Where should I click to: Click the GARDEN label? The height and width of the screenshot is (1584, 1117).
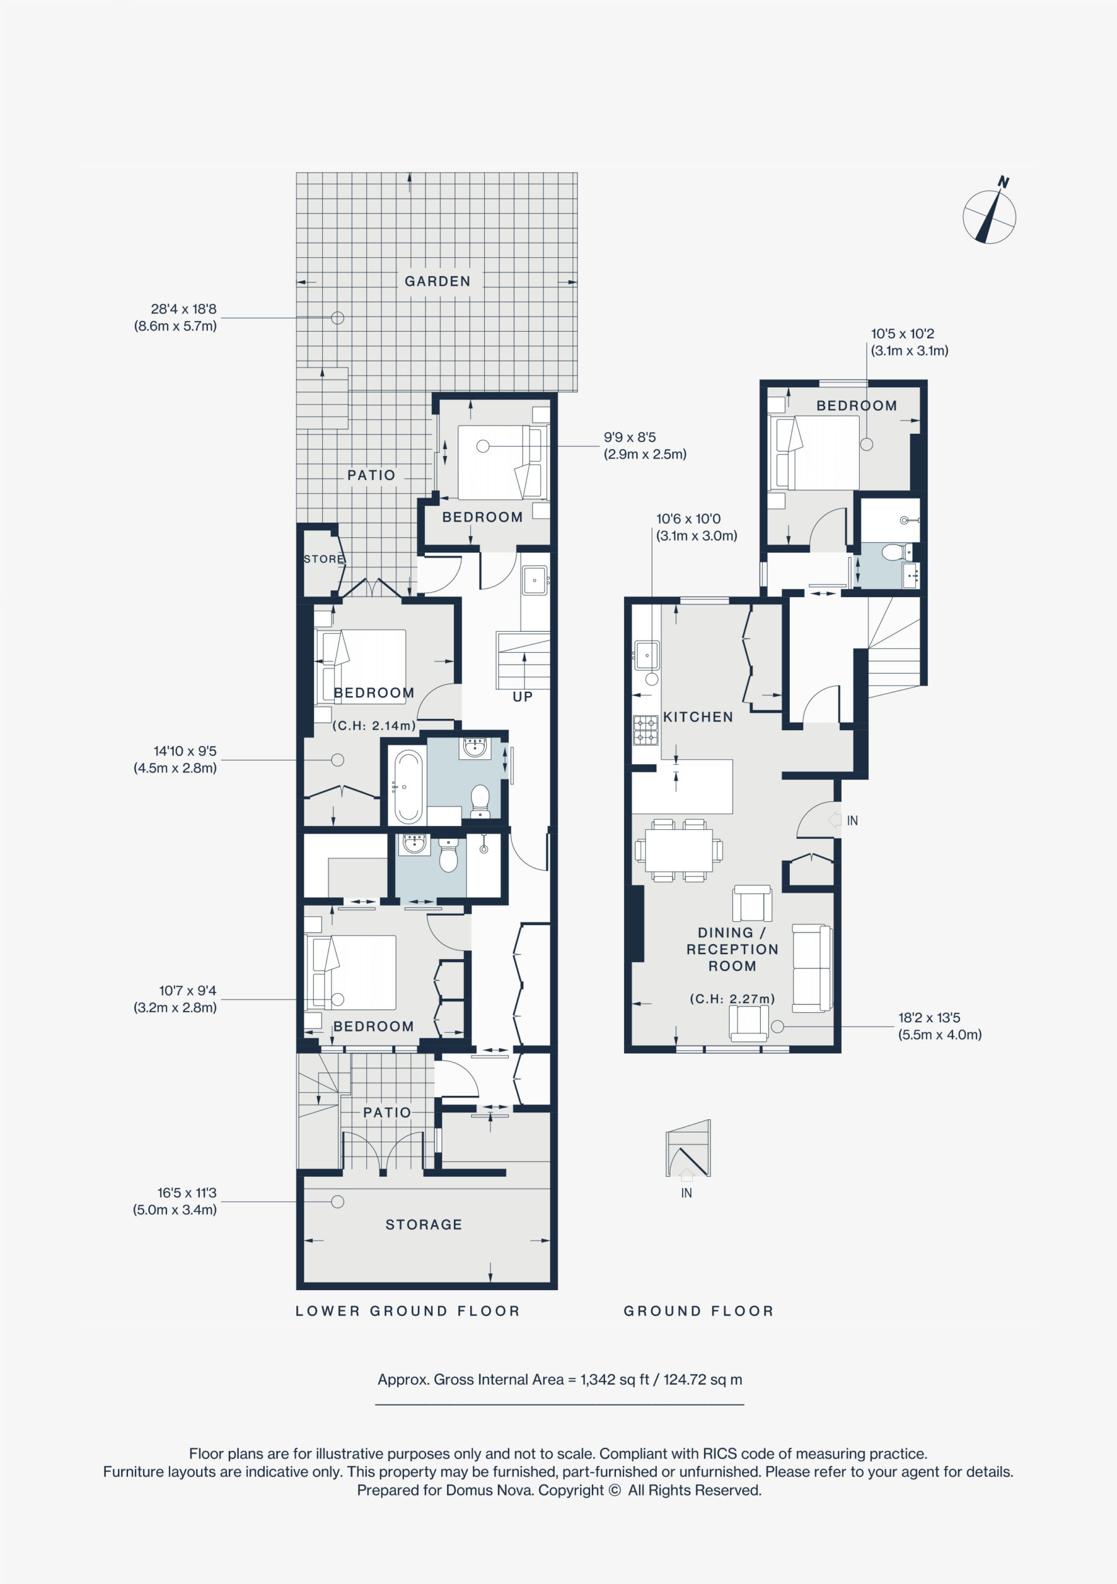(437, 282)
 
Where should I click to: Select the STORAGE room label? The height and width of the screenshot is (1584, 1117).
(423, 1225)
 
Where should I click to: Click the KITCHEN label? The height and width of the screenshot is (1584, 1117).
(698, 717)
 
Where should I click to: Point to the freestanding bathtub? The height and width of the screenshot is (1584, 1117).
(408, 786)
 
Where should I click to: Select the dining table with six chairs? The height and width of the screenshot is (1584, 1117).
(679, 850)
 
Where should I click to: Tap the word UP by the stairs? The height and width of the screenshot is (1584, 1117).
(523, 697)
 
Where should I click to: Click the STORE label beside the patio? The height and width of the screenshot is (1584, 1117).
(324, 559)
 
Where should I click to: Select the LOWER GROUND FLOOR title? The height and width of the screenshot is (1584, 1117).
(408, 1311)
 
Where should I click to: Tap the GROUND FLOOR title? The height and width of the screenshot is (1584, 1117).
(698, 1311)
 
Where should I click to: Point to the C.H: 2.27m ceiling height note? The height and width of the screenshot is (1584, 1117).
(732, 999)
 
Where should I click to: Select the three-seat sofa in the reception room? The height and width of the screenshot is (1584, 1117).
(812, 968)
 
